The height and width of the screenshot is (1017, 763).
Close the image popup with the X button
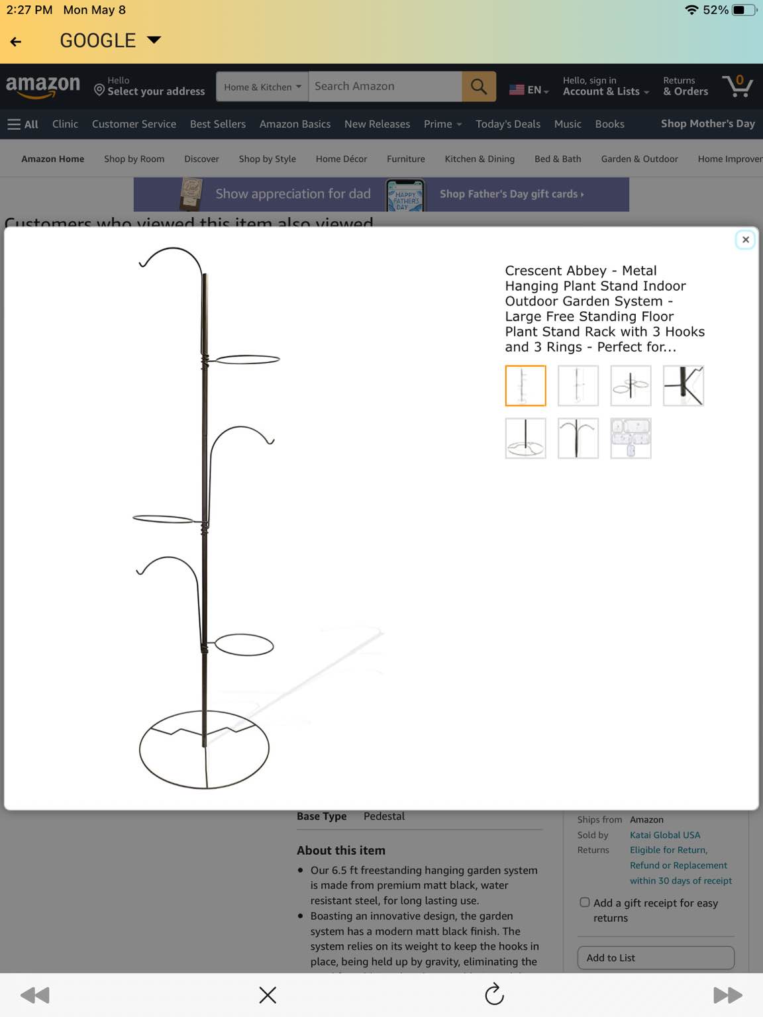tap(745, 240)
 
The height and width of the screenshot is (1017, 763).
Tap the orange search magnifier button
tap(478, 87)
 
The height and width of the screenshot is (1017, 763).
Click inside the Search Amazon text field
tap(384, 87)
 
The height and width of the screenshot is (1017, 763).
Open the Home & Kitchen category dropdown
tap(262, 87)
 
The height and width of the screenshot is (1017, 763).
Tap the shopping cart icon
tap(737, 87)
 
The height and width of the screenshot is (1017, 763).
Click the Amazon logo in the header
tap(43, 86)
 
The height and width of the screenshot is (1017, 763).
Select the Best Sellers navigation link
tap(217, 124)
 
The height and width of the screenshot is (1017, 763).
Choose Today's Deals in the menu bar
tap(507, 124)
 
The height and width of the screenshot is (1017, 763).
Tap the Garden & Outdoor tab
tap(639, 159)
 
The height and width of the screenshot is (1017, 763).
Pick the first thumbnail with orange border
tap(525, 385)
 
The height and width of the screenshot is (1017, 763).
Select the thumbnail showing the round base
tap(525, 438)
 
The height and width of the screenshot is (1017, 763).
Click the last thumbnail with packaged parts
tap(631, 438)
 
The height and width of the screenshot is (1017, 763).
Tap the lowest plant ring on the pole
tap(244, 645)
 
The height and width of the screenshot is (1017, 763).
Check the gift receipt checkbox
tap(585, 902)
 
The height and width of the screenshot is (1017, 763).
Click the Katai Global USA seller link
tap(665, 835)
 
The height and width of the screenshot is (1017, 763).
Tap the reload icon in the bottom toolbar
tap(494, 994)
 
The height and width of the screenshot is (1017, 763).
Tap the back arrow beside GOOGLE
tap(17, 41)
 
